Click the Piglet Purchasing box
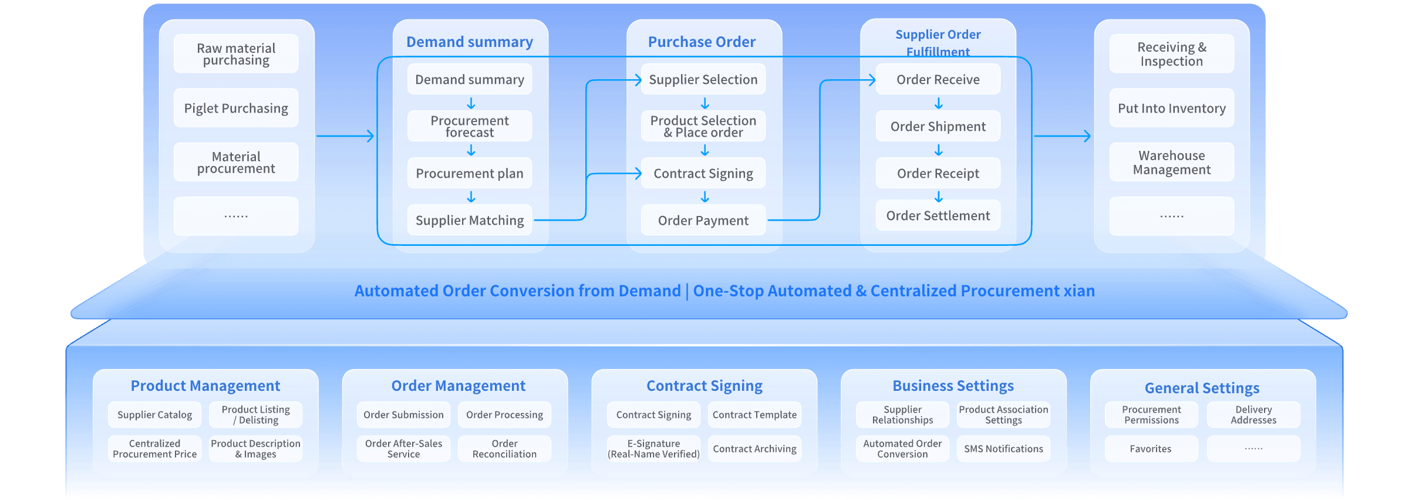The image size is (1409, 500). [236, 109]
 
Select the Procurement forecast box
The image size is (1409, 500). [470, 126]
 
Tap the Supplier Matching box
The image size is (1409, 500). [470, 220]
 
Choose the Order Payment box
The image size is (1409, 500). [703, 220]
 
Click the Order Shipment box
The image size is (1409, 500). [938, 126]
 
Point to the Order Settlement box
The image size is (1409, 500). [938, 215]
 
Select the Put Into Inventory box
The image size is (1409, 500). [1172, 109]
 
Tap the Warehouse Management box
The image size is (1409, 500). [1172, 163]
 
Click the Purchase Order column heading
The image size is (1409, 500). [702, 42]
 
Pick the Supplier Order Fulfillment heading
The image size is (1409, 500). [938, 42]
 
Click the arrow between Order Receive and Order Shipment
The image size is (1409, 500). [939, 104]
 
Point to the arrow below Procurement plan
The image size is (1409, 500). [471, 197]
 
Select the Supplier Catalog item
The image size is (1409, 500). [154, 415]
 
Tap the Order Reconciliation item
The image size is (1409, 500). [504, 449]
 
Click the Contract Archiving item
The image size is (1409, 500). [754, 449]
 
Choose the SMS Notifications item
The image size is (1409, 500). [1003, 449]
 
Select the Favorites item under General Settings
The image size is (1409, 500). [1151, 449]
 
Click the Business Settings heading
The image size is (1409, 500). [953, 386]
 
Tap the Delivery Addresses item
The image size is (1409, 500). [1253, 415]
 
